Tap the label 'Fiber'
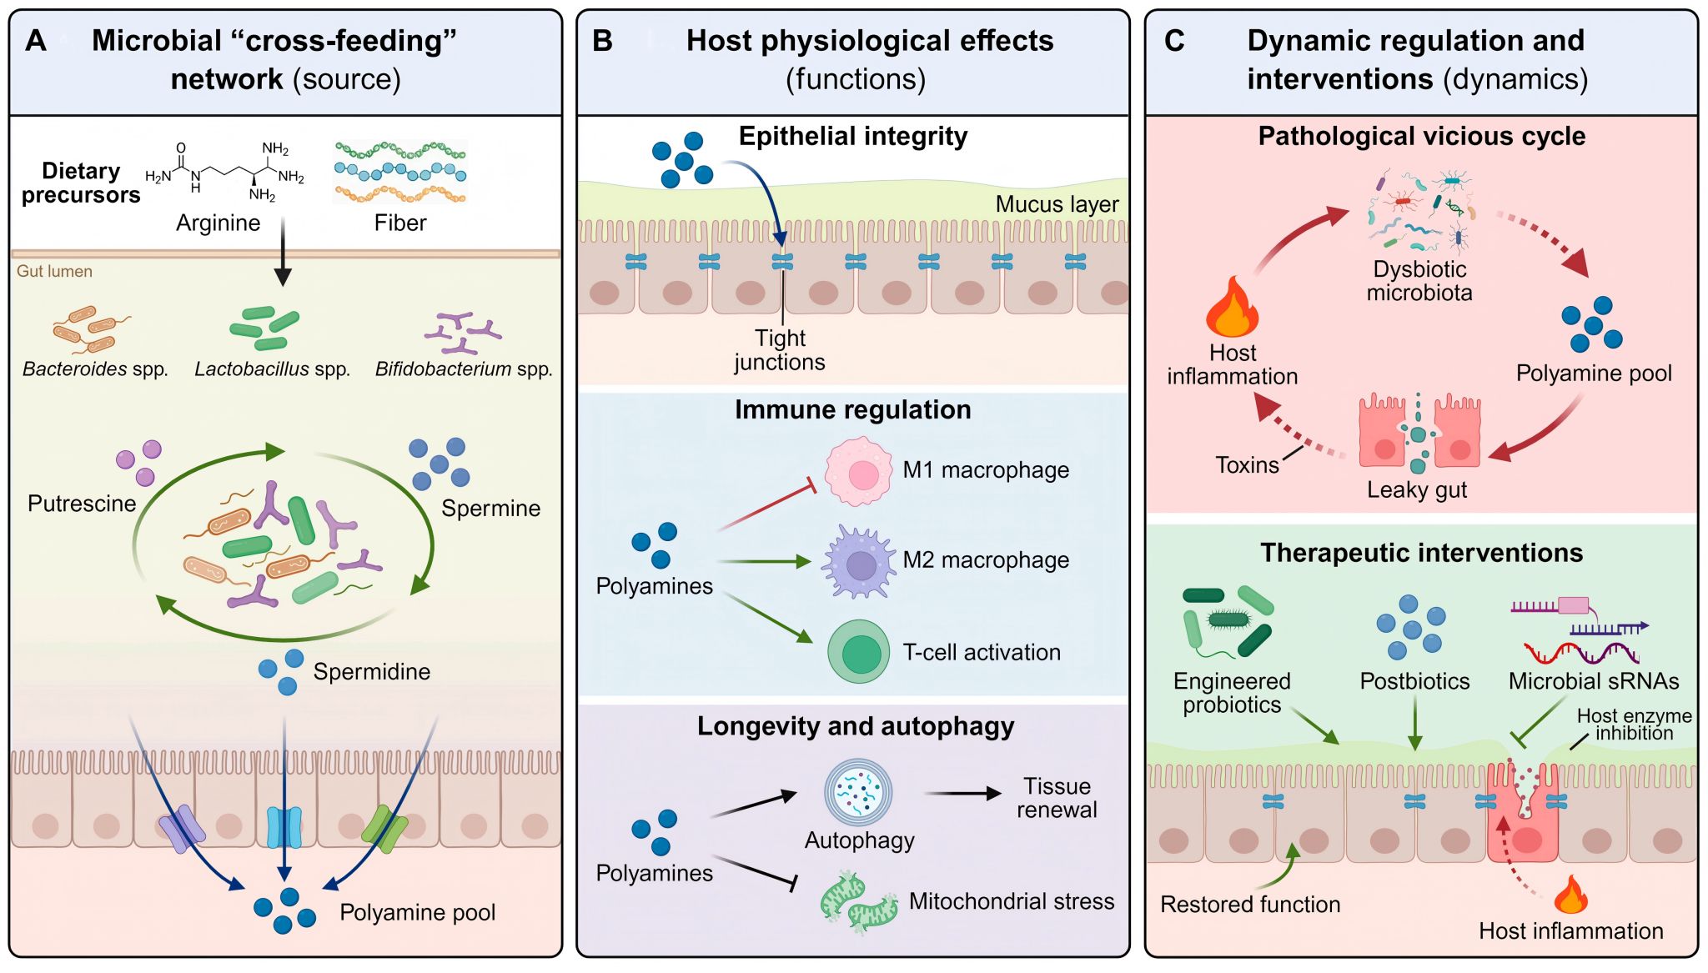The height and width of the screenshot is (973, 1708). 399,223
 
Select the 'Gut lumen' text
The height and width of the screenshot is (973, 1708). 54,272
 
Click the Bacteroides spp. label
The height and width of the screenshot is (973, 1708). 95,369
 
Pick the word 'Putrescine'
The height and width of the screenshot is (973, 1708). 82,504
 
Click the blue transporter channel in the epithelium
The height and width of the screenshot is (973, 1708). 284,826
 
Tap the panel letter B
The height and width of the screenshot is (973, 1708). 602,41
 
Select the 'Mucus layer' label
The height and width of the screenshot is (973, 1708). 1057,204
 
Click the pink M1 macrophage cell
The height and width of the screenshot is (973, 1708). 858,472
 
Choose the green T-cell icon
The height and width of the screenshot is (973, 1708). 859,652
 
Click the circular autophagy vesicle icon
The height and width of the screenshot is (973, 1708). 858,792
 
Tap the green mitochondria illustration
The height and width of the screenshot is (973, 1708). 859,903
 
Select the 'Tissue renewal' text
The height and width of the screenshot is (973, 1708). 1057,798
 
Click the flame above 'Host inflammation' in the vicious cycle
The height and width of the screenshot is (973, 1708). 1232,308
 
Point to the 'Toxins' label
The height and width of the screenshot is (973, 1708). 1247,465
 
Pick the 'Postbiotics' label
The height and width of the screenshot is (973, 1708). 1414,681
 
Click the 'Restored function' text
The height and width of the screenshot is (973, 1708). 1250,905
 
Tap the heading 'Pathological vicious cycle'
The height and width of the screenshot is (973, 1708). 1421,137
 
